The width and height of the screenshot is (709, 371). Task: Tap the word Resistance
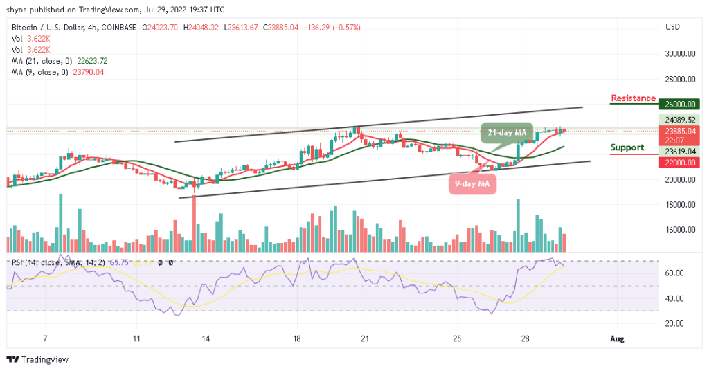pyautogui.click(x=633, y=98)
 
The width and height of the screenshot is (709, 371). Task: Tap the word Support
pyautogui.click(x=627, y=147)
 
